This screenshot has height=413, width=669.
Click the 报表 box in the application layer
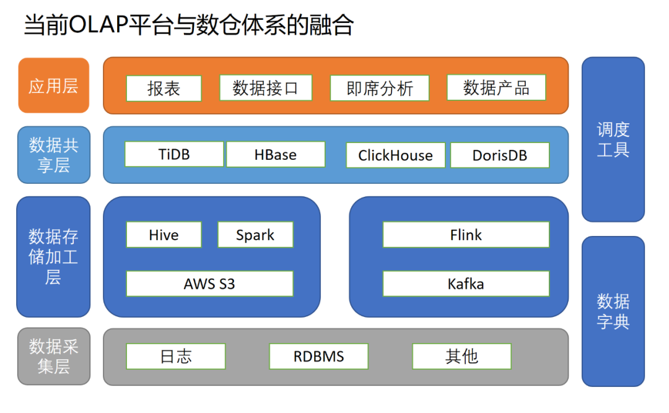(164, 89)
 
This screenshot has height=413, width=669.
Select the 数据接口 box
(266, 88)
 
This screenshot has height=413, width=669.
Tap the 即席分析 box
(380, 89)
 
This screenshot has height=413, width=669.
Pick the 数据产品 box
(496, 88)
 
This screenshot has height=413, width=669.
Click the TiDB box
(174, 154)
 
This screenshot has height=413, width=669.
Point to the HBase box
(276, 155)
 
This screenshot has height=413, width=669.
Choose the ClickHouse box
(395, 155)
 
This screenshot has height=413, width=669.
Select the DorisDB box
(499, 155)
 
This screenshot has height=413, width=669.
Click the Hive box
(164, 235)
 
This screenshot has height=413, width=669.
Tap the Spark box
(255, 235)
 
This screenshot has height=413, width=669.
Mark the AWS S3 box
(209, 284)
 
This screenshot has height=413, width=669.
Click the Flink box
(466, 235)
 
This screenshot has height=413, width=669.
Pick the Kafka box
(466, 284)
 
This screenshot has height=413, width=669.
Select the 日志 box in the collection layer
(176, 357)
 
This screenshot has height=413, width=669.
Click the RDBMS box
(318, 357)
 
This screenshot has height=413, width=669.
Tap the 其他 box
(461, 357)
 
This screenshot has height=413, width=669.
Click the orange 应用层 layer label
(54, 85)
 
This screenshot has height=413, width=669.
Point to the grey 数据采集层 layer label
(54, 356)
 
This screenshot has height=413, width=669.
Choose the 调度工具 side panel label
(613, 139)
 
